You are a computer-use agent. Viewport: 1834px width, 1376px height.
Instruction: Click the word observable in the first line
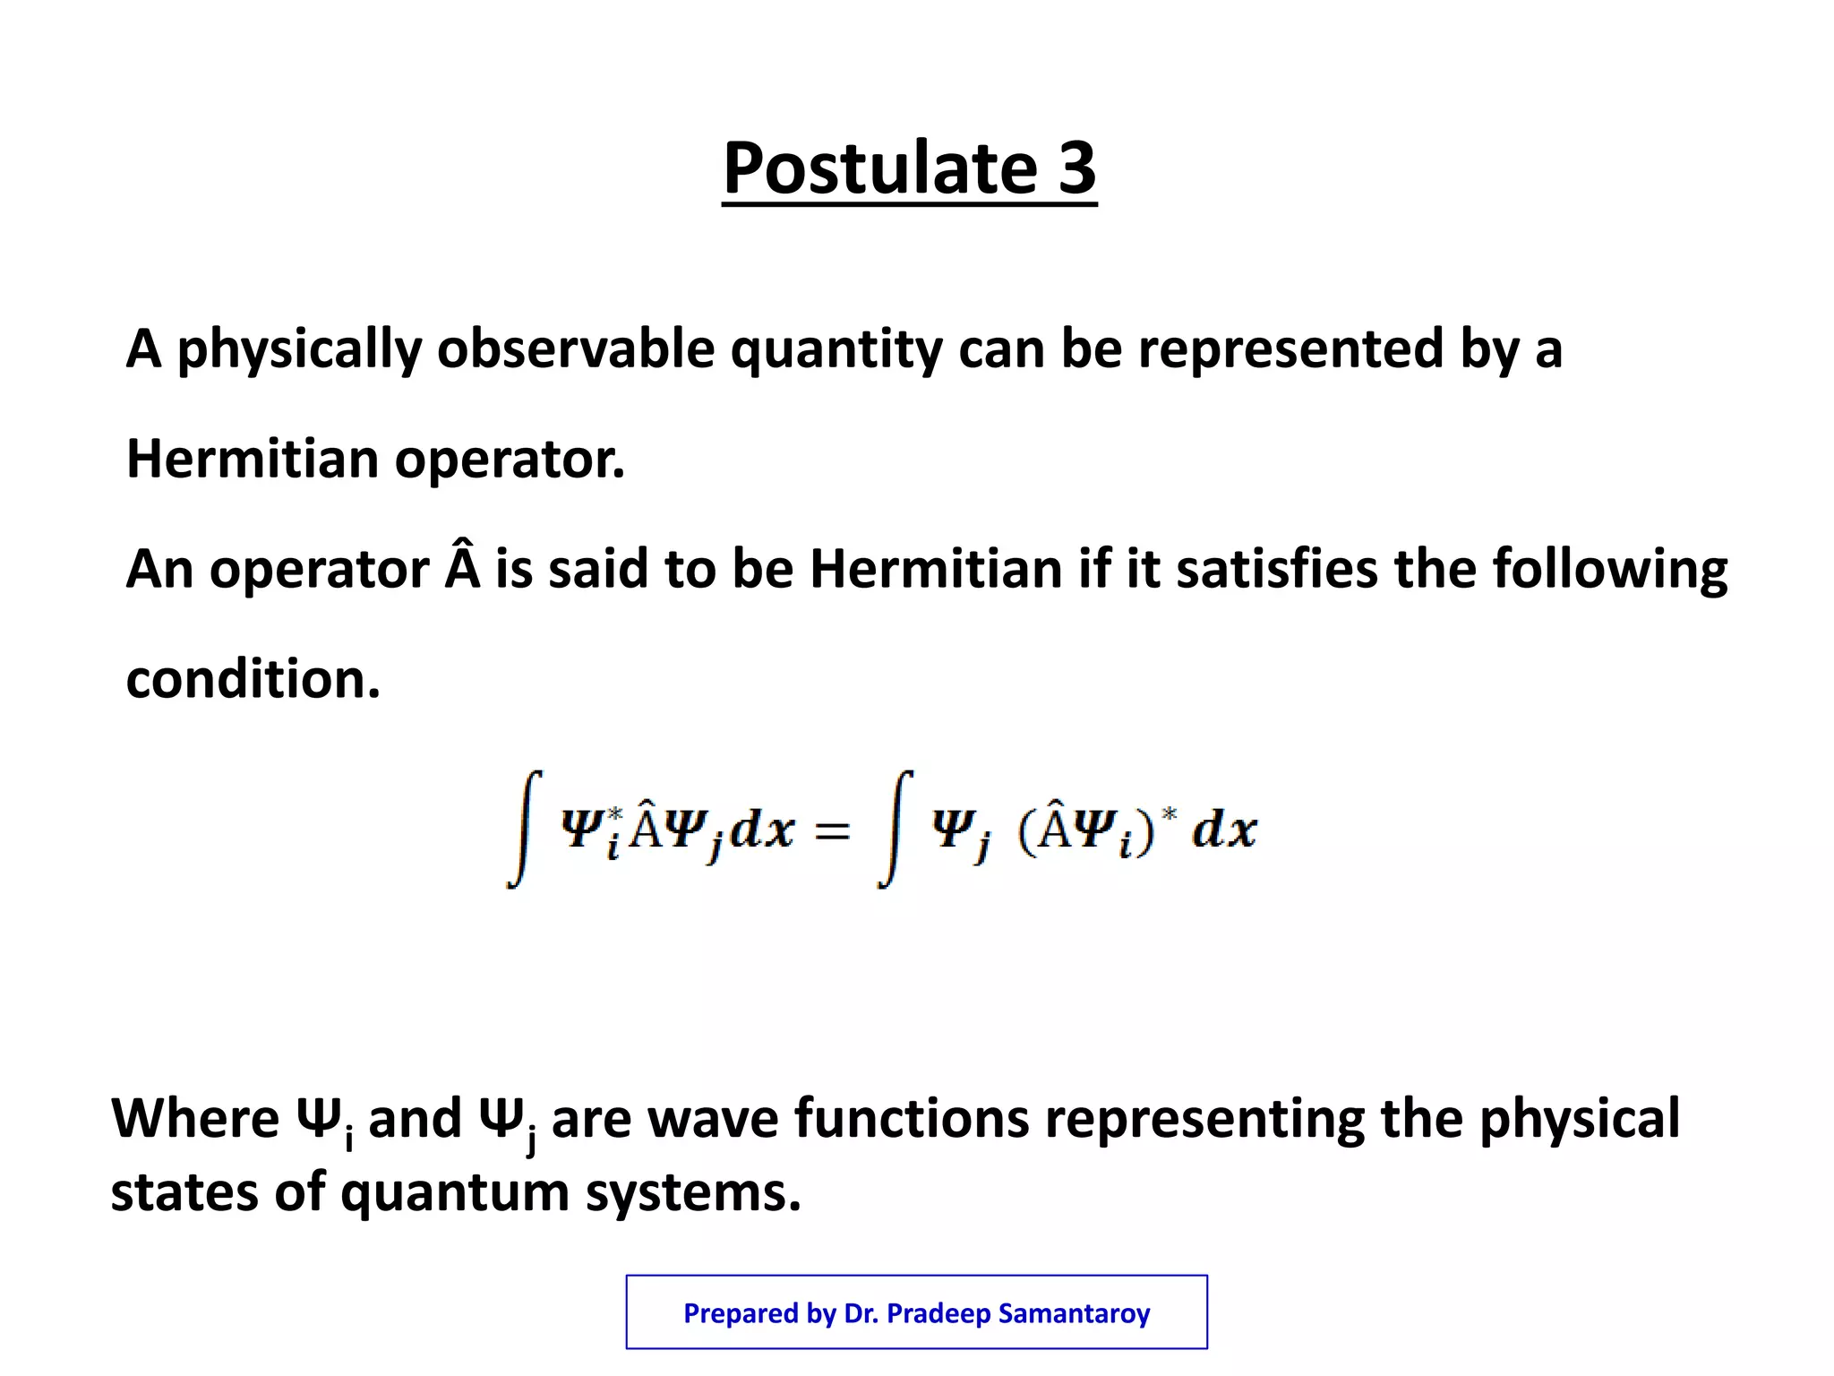pos(575,348)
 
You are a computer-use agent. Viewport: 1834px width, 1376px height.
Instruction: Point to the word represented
pos(1290,350)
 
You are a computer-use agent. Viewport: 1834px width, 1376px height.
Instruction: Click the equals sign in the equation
pos(832,830)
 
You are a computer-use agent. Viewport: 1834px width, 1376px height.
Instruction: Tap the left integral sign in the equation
pos(525,828)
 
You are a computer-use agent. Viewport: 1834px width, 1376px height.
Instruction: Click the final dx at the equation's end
pos(1224,830)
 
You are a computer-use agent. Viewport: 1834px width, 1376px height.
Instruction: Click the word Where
pos(195,1119)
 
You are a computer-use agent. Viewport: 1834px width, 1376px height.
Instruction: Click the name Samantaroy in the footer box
pos(1074,1313)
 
